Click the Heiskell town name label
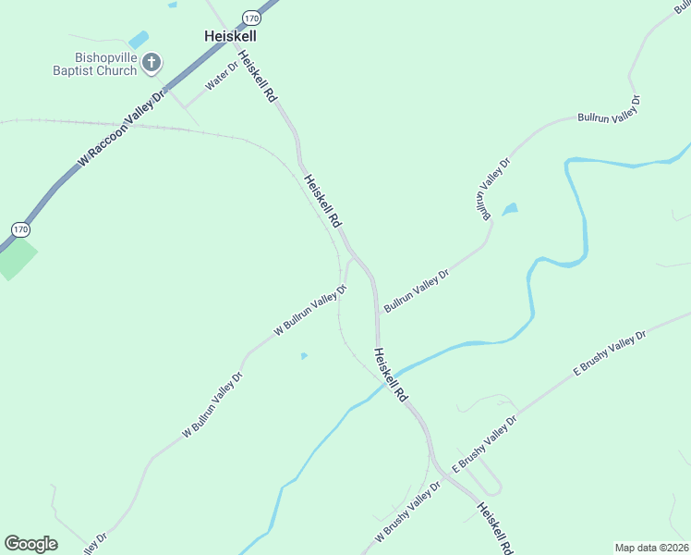click(229, 35)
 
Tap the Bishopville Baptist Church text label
click(94, 64)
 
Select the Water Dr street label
click(222, 75)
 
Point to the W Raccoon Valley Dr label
click(122, 128)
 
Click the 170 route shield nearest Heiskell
click(251, 18)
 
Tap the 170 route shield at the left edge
click(19, 228)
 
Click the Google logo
click(30, 544)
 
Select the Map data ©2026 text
click(652, 547)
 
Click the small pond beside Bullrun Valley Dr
click(509, 210)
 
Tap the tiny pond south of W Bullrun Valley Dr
click(304, 355)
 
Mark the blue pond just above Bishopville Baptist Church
click(139, 40)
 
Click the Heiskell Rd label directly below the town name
click(257, 76)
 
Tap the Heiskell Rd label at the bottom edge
click(495, 528)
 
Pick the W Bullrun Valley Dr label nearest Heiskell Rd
click(310, 311)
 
